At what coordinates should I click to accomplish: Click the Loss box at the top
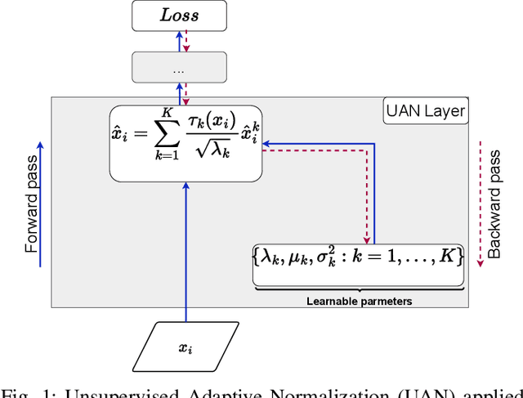tap(179, 16)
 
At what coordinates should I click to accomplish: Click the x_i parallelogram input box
tap(187, 347)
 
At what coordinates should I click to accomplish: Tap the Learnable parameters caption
tap(359, 300)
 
